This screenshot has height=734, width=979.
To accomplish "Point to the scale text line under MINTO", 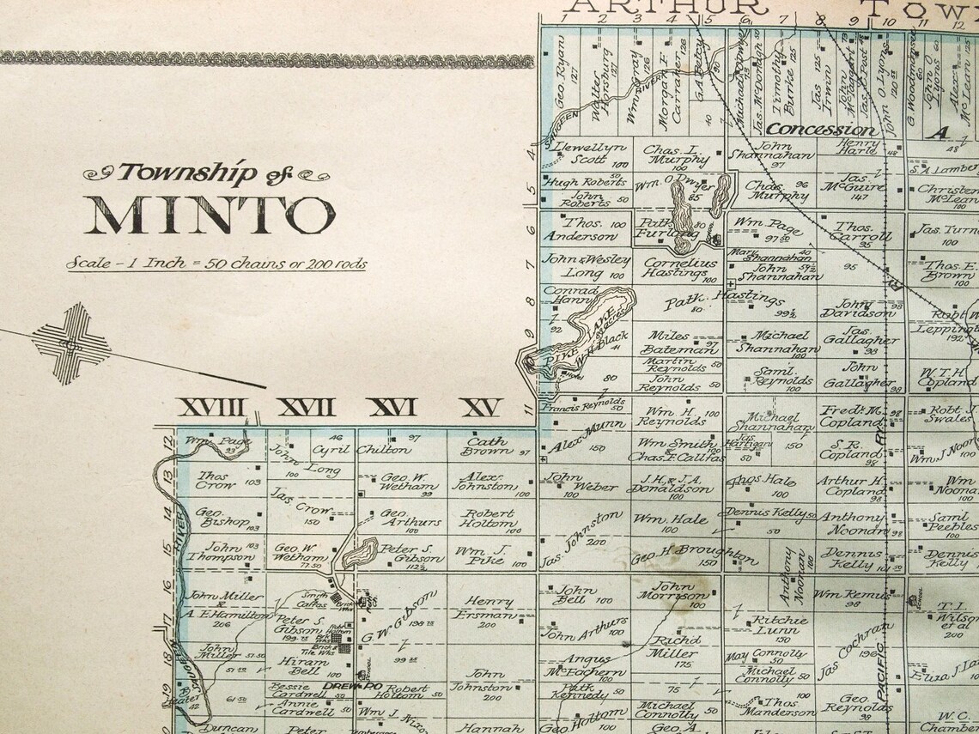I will click(217, 263).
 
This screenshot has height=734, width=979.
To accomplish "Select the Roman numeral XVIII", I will click(210, 409).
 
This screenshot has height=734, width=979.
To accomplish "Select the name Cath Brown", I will click(486, 446).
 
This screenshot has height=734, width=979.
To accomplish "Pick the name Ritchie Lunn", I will click(779, 626).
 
